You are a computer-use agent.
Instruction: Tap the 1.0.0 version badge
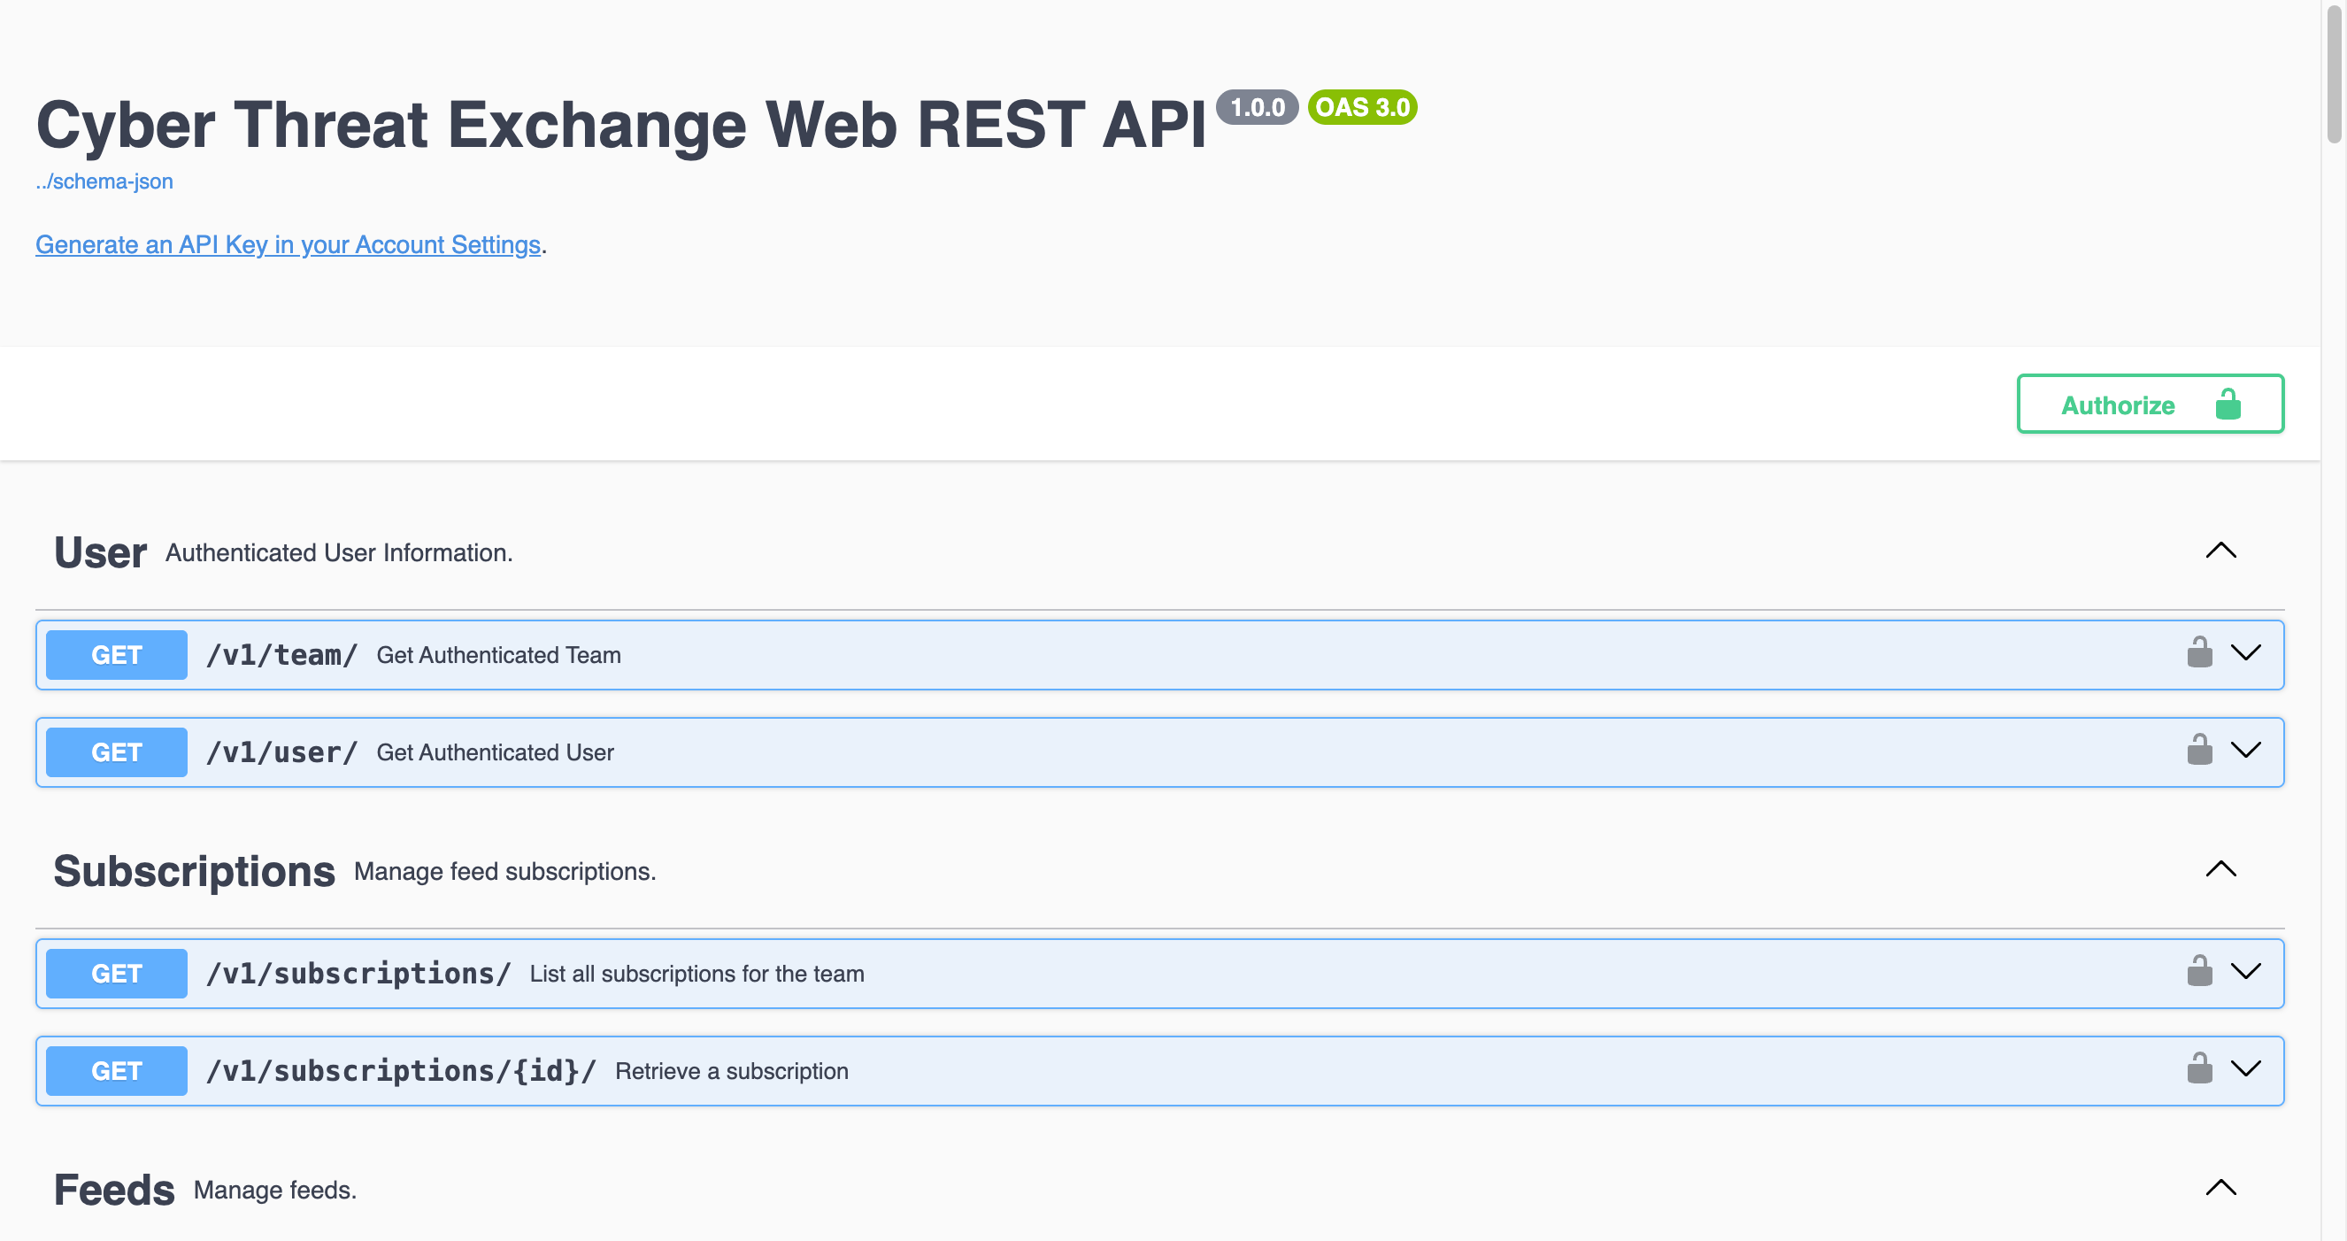pos(1257,107)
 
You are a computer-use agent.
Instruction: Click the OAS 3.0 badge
pos(1361,107)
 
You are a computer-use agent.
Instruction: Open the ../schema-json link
pos(104,181)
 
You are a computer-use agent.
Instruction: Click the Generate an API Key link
pos(288,244)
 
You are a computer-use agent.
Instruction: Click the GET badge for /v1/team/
pos(117,654)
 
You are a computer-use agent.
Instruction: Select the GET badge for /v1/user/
pos(117,752)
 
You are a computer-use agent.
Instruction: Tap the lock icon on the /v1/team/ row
pos(2198,652)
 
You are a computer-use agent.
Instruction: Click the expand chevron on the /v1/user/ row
pos(2245,750)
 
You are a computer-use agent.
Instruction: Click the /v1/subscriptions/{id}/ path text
pos(401,1071)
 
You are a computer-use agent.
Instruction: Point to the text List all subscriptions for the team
pos(696,973)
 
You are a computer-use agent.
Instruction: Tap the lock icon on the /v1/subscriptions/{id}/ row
pos(2198,1068)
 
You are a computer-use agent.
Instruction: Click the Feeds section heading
pos(114,1190)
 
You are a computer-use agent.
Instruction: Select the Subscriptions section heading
pos(194,871)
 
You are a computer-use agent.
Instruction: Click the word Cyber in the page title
pos(126,125)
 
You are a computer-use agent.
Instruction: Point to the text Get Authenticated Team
pos(498,655)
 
